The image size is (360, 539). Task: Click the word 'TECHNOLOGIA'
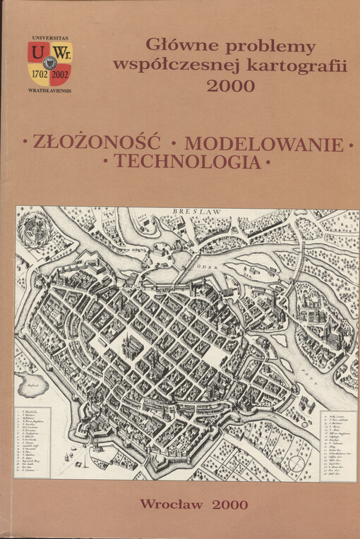[186, 162]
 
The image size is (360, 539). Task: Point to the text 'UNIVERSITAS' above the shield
[49, 35]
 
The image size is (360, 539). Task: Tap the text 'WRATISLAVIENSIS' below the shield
[49, 91]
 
